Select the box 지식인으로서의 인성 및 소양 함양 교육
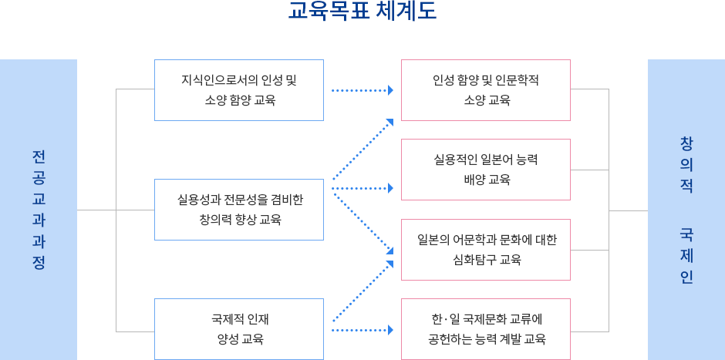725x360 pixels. point(239,90)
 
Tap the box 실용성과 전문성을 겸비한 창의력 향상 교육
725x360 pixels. point(239,210)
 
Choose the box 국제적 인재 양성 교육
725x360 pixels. point(239,329)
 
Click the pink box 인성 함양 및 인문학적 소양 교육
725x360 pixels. point(486,90)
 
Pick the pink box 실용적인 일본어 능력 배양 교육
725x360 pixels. point(486,170)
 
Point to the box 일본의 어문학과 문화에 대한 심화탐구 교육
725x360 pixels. point(486,250)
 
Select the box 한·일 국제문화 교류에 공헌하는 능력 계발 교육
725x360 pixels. point(486,329)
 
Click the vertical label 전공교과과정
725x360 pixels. point(39,210)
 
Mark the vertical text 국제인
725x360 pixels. point(686,255)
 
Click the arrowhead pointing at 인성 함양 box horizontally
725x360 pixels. point(390,91)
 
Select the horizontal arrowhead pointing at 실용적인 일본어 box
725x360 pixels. point(390,188)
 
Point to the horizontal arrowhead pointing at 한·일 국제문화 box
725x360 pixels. point(390,330)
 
